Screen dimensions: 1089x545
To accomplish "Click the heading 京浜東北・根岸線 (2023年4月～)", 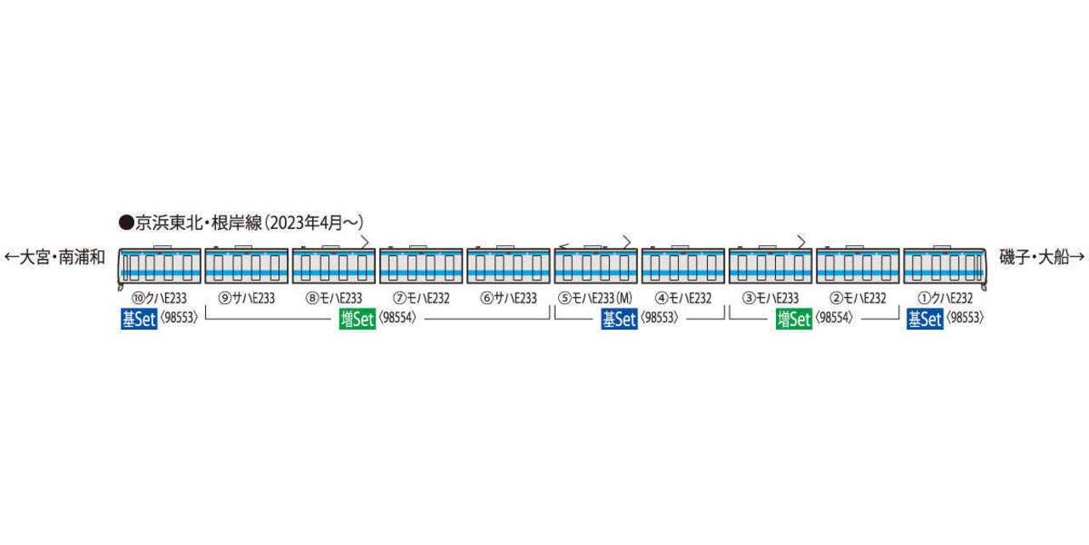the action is coord(241,223).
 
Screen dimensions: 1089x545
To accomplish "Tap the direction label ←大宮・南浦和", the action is coord(55,257).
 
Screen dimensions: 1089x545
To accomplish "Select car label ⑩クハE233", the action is coord(159,298).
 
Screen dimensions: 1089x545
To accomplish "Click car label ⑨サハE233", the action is coord(247,298).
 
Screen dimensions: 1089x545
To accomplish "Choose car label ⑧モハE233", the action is coord(334,298).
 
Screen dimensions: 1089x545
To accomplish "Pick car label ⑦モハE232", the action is coord(421,298).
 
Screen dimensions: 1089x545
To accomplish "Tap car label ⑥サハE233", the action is coord(509,298).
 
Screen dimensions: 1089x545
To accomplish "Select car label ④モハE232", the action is coord(683,298).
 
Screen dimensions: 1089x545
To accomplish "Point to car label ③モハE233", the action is coord(771,298).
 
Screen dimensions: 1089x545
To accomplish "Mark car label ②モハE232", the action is coord(858,298).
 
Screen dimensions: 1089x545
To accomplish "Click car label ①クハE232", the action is coord(944,298).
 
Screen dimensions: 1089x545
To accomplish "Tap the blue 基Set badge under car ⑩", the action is coord(139,319).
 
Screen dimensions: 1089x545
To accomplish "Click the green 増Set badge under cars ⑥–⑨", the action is coord(357,319).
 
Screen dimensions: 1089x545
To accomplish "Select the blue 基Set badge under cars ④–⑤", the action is coord(619,319).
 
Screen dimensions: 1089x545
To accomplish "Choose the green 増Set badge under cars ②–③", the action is coord(794,319).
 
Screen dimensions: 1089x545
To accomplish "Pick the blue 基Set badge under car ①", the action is coord(925,319).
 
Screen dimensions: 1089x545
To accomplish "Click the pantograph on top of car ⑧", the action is coord(365,242).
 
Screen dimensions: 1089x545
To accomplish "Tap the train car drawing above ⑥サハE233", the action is coord(509,265).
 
